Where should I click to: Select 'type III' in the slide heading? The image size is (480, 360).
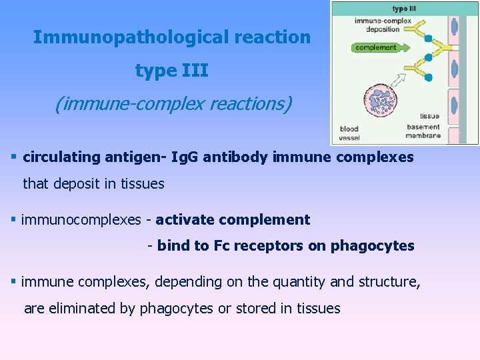click(x=172, y=70)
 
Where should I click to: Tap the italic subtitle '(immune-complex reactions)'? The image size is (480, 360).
click(x=173, y=104)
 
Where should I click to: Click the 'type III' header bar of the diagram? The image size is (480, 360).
click(x=405, y=9)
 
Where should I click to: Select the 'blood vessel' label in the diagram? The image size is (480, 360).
click(x=349, y=133)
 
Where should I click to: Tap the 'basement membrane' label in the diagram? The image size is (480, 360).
click(x=423, y=131)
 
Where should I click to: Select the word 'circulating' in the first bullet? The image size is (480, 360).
click(x=61, y=158)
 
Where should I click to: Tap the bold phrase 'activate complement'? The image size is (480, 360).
click(x=233, y=220)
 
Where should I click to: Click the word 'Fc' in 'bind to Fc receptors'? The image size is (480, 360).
click(x=221, y=246)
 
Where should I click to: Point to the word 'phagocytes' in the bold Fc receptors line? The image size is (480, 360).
click(x=377, y=246)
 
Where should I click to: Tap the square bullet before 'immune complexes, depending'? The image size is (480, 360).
click(x=14, y=281)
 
